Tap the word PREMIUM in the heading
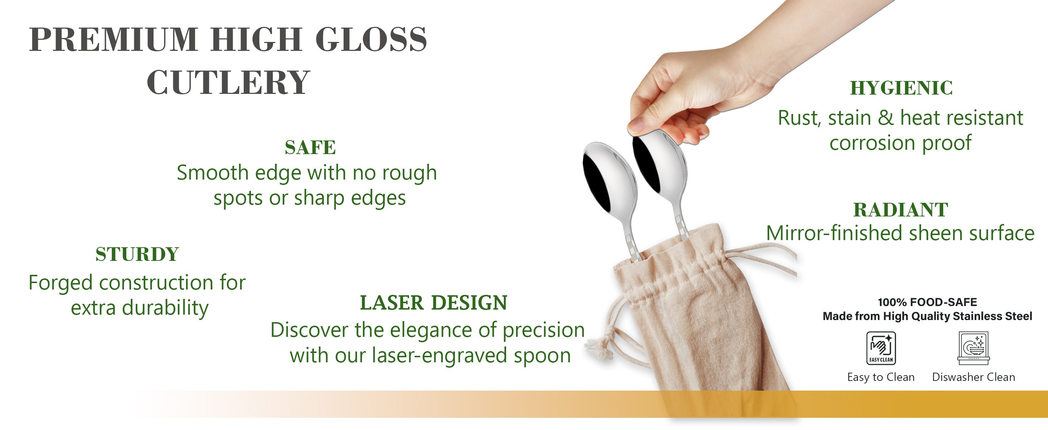[x=113, y=39]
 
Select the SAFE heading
[x=310, y=147]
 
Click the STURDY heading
[x=137, y=254]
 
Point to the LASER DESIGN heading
[x=434, y=302]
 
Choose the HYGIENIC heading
[x=901, y=88]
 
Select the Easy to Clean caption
[x=881, y=377]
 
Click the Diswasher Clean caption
[x=973, y=377]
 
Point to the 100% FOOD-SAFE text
[x=927, y=302]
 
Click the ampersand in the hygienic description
[x=885, y=118]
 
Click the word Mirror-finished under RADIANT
[x=834, y=233]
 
